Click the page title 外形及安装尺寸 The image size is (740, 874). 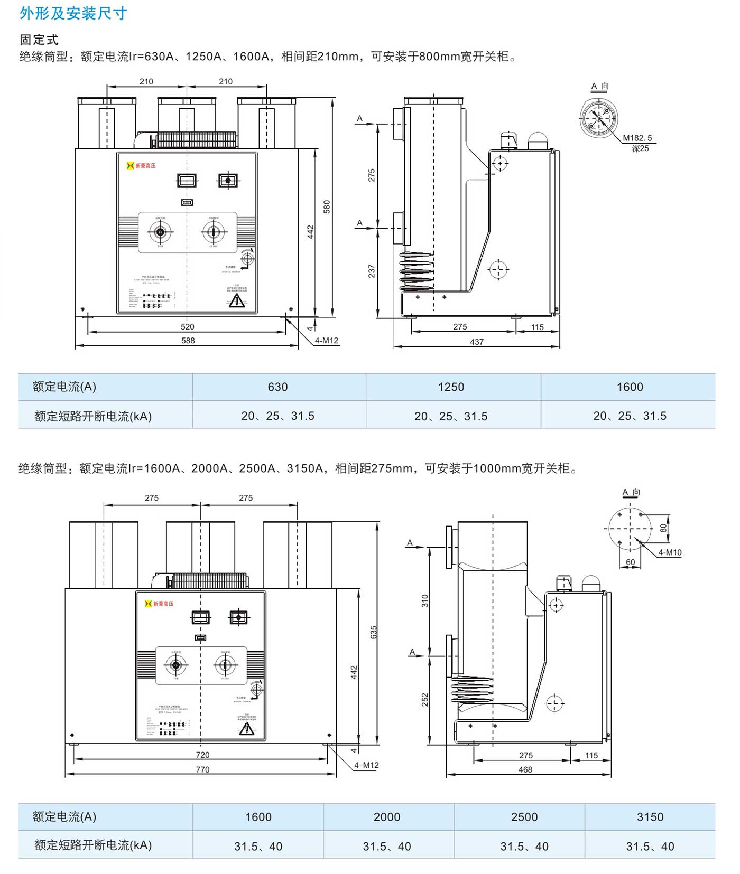73,13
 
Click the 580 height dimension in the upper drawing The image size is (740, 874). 327,206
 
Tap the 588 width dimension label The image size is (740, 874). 188,341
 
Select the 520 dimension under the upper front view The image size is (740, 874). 187,327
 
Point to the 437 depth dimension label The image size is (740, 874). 476,342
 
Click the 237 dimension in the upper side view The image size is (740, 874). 372,271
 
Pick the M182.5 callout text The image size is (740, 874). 637,138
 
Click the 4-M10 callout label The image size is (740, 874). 670,552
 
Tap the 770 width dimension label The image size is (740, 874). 202,769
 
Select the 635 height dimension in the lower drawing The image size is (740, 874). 374,632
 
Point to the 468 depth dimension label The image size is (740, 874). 525,769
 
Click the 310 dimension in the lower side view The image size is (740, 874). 425,600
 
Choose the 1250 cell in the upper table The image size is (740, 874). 451,387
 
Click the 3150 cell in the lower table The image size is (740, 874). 650,817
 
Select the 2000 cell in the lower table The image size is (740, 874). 387,817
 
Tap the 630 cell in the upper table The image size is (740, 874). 277,387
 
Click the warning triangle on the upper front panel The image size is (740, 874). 237,301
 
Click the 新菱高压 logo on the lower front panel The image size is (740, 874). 159,604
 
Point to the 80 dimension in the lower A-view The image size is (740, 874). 663,528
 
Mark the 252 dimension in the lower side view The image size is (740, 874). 425,700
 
